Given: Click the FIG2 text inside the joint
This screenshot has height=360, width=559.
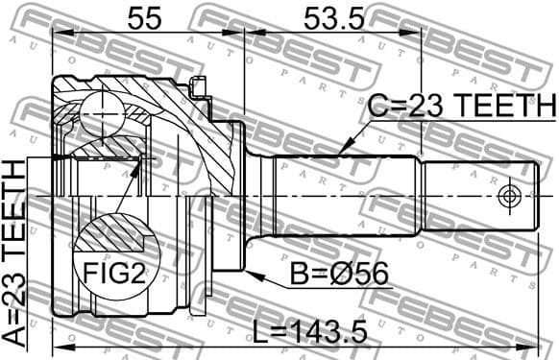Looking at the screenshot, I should click(x=112, y=275).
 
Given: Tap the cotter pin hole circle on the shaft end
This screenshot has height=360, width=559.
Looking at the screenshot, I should click(x=510, y=196).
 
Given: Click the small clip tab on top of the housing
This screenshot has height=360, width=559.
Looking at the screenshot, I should click(x=199, y=88).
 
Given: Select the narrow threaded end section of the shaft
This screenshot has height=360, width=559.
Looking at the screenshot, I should click(x=477, y=196).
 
